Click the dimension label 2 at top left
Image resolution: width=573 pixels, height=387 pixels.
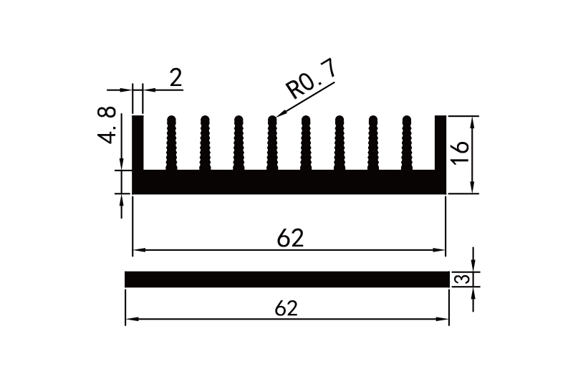coord(175,78)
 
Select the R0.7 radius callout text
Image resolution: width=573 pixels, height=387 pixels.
coord(310,80)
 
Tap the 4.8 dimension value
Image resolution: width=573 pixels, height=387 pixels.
coord(107,125)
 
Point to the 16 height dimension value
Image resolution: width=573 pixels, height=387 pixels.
coord(461,152)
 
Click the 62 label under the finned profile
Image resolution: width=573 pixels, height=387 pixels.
coord(291,239)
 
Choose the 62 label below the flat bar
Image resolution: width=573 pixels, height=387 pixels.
coord(286,308)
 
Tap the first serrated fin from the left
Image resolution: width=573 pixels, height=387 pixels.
coord(171,143)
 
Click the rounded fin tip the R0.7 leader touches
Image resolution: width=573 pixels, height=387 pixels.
coord(272,119)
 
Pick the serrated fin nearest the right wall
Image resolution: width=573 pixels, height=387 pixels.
coord(407,143)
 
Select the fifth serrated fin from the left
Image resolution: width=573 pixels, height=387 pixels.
coord(306,143)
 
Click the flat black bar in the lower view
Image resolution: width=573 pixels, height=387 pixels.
coord(286,279)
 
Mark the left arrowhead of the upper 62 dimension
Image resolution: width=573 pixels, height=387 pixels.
coord(138,250)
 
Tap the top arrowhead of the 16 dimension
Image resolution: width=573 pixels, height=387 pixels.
coord(473,120)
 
